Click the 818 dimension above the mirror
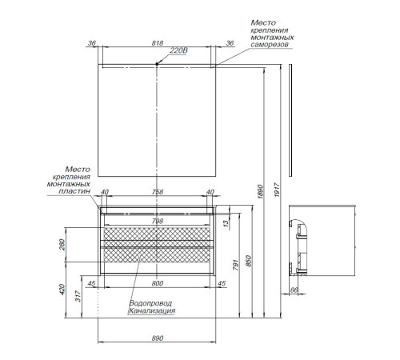(158, 43)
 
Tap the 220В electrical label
(178, 50)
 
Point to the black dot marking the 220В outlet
(157, 64)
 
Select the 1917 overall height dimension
(277, 190)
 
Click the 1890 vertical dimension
(261, 191)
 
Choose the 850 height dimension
(248, 262)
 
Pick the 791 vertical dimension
(236, 265)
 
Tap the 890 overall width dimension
(158, 338)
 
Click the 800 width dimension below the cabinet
(158, 283)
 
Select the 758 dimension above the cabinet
(158, 192)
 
